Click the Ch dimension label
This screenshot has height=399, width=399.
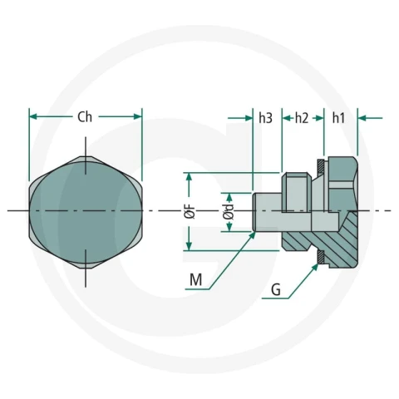(x=85, y=117)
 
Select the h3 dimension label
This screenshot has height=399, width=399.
(x=266, y=118)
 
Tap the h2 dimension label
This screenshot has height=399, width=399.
(x=302, y=118)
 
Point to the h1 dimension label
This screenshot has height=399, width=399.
(x=338, y=118)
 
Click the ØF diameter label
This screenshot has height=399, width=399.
(x=190, y=212)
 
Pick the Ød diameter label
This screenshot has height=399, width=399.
(x=229, y=212)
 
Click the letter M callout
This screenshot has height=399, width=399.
(x=196, y=279)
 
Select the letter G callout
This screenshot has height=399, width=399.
(x=276, y=290)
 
